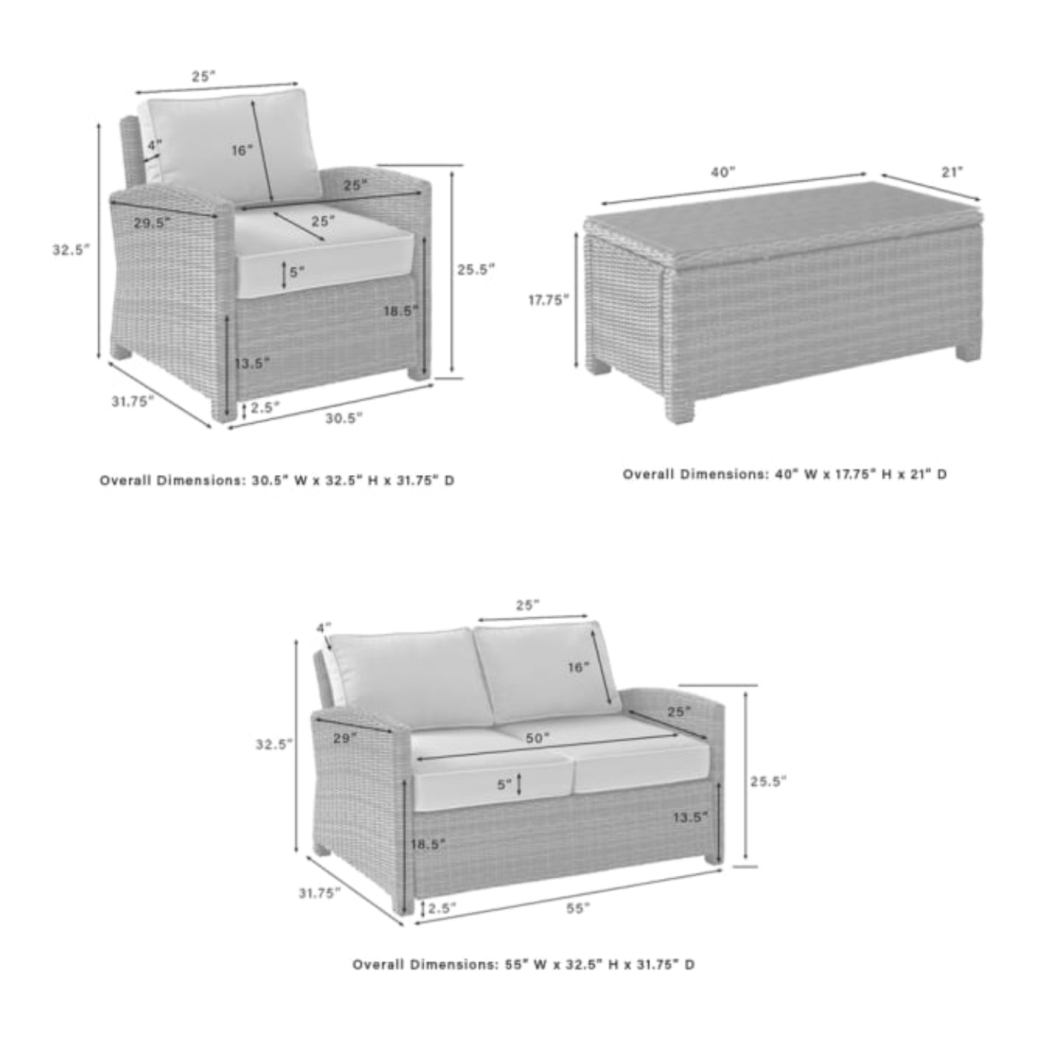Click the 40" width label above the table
click(722, 173)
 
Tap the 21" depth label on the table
click(952, 173)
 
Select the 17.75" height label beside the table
click(549, 300)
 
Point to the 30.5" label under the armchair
click(344, 418)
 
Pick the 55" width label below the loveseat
click(578, 907)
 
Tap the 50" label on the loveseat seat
click(537, 738)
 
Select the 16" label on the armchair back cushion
click(242, 150)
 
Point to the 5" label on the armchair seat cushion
click(297, 272)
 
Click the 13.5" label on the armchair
click(251, 363)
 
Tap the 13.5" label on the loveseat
click(690, 817)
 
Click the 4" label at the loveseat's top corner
click(323, 628)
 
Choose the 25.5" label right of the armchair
click(475, 270)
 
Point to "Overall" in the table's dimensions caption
click(648, 474)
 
